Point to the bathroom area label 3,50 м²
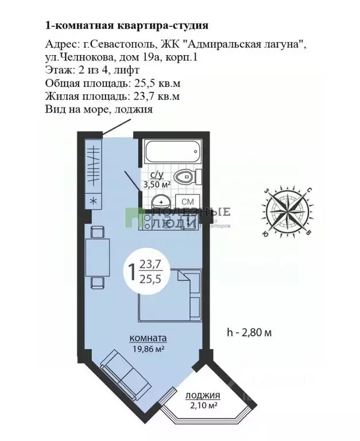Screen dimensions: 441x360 click(x=157, y=184)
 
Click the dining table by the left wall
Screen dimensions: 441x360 click(x=97, y=257)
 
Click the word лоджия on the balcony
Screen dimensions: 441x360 click(x=203, y=396)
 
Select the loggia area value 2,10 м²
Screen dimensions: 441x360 click(x=204, y=405)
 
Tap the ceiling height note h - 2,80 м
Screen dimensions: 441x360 click(x=249, y=332)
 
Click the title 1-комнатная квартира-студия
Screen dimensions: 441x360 click(x=126, y=25)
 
